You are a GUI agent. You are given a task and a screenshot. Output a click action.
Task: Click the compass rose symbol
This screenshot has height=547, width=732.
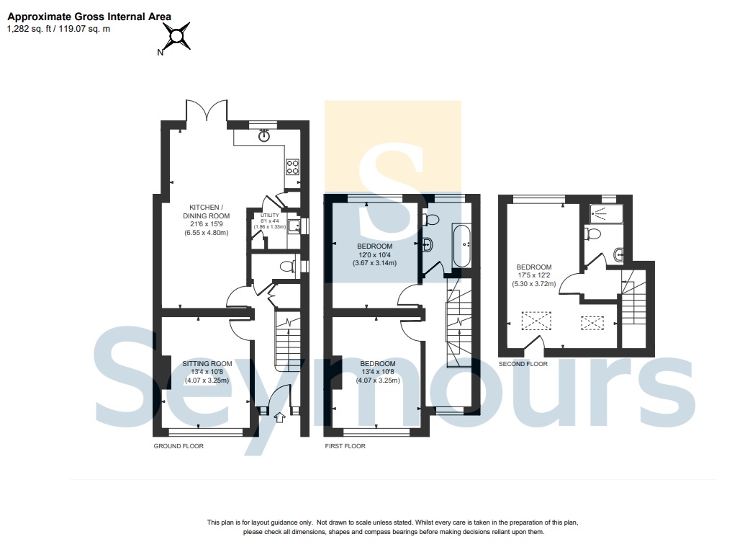176,37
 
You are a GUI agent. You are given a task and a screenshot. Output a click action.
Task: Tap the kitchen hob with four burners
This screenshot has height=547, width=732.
293,167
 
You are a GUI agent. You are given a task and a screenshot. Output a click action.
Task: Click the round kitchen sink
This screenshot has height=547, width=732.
264,135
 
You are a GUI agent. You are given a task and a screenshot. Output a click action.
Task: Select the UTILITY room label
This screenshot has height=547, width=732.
270,215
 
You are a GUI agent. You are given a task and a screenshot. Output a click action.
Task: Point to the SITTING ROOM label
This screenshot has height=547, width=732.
207,363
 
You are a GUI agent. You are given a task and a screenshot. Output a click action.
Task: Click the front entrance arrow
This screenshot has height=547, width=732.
279,417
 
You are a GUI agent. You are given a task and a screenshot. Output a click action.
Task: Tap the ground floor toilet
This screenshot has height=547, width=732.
288,267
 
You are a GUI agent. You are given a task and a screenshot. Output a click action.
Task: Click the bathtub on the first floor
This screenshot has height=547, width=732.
462,246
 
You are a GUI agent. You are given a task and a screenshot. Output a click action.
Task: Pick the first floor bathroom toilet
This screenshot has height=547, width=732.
430,219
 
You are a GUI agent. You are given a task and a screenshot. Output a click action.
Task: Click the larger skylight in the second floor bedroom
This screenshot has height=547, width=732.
536,321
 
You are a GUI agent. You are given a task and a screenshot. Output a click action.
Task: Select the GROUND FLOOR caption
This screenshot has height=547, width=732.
179,446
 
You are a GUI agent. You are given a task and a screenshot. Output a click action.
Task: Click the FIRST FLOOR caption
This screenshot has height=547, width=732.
345,446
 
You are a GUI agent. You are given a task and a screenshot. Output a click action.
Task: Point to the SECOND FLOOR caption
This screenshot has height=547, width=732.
523,364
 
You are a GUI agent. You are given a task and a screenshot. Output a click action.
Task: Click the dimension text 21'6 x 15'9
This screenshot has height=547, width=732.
207,224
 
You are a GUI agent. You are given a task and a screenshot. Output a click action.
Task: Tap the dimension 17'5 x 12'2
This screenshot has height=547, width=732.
534,275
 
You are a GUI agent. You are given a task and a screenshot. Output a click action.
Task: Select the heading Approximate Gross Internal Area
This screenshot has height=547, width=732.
89,17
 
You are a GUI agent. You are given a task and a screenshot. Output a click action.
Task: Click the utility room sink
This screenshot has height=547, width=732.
294,226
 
